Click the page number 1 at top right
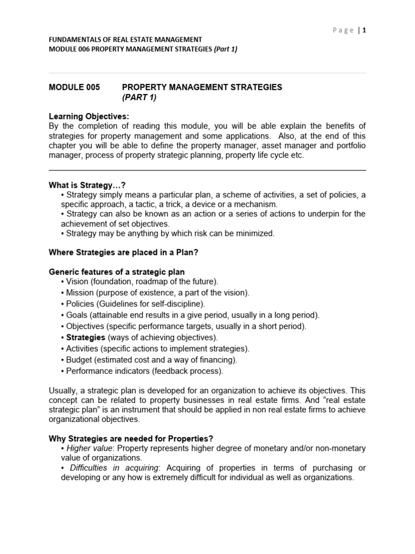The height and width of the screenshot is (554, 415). pyautogui.click(x=364, y=30)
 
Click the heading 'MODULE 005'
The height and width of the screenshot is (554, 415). pyautogui.click(x=75, y=87)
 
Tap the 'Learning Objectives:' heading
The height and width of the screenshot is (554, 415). pyautogui.click(x=89, y=117)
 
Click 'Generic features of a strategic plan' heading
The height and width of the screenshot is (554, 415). pyautogui.click(x=117, y=272)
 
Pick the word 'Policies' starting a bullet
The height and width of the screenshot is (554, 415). pyautogui.click(x=82, y=304)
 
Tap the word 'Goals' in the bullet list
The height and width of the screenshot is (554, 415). pyautogui.click(x=77, y=315)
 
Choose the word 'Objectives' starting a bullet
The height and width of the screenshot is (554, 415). pyautogui.click(x=86, y=326)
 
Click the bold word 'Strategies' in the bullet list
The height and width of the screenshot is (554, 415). pyautogui.click(x=86, y=338)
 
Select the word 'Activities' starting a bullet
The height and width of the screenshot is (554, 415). pyautogui.click(x=83, y=348)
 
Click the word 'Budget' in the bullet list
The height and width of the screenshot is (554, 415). pyautogui.click(x=79, y=359)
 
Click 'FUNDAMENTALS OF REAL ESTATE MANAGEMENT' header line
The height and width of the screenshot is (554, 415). pyautogui.click(x=125, y=39)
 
